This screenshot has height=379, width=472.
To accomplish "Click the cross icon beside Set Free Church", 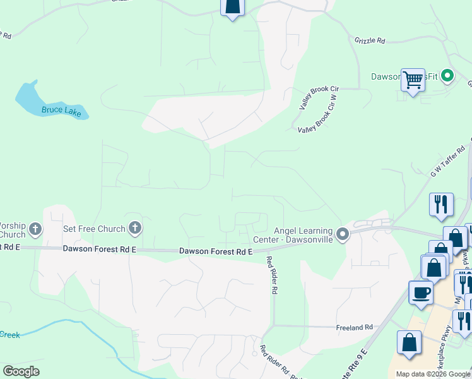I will point(134,227).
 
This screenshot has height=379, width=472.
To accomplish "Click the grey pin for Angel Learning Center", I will point(343,234).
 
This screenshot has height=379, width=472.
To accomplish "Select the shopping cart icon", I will point(413,80).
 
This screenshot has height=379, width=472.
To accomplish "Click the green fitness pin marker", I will point(447,76).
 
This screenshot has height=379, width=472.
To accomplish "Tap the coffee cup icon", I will point(422,292).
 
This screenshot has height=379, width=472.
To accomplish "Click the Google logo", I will point(21,371).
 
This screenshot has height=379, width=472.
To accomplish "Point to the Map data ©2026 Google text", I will point(433,374).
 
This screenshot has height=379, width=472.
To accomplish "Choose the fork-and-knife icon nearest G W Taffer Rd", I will point(441,204).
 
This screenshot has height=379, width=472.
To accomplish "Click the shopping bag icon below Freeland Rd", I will point(409,343).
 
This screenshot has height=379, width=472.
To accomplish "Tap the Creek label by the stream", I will point(10,334).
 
